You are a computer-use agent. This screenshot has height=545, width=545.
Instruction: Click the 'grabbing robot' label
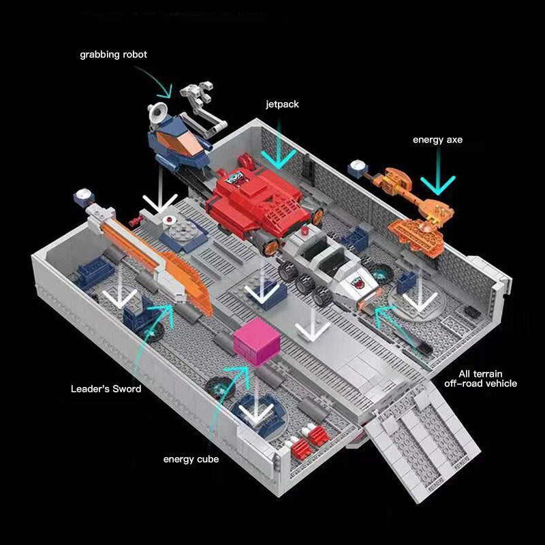(x=113, y=54)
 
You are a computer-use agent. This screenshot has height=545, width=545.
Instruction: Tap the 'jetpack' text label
(x=282, y=104)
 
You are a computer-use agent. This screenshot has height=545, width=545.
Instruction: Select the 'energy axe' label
(x=437, y=140)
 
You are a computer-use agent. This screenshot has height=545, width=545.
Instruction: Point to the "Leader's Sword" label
(x=106, y=389)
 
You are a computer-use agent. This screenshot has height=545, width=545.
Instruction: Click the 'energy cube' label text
(x=191, y=459)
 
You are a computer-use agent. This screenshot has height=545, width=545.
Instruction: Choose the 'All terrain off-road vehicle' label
(x=487, y=379)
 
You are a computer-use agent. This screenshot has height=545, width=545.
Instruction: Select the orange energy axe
(x=416, y=204)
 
